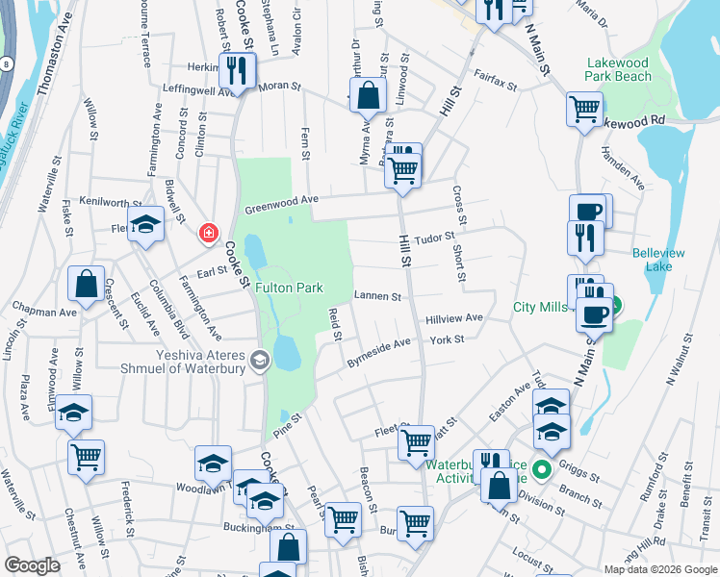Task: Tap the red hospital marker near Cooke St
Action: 208,233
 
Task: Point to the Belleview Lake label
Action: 658,260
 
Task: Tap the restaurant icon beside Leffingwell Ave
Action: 236,70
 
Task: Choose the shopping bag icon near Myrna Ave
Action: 368,95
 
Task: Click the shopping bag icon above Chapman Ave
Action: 86,285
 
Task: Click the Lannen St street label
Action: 377,297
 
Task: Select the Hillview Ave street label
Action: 454,317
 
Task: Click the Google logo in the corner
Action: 32,565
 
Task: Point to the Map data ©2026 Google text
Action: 659,569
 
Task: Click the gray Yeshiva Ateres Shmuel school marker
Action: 259,360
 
